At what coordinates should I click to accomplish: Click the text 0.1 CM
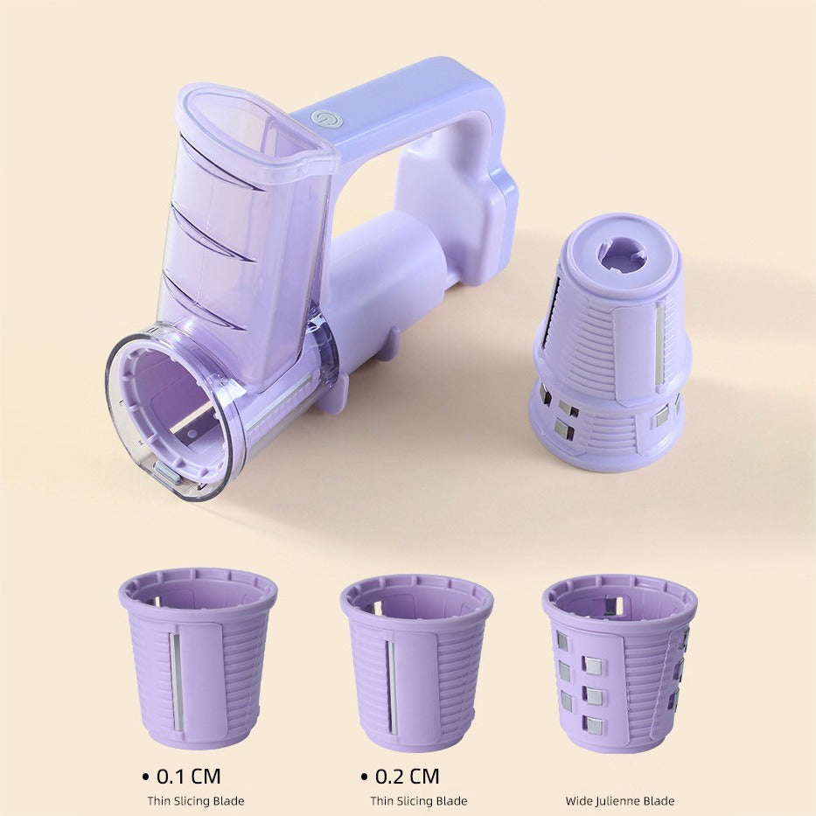tap(188, 776)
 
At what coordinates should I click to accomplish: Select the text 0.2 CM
tap(407, 776)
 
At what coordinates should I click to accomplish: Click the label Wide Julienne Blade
tap(620, 800)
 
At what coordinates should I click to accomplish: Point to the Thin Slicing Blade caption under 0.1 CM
tap(196, 800)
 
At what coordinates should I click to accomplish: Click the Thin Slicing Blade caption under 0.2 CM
tap(419, 800)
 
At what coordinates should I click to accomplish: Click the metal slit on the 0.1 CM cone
tap(176, 681)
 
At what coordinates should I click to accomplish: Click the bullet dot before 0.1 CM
tap(146, 777)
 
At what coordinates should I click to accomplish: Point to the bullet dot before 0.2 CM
tap(365, 777)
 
